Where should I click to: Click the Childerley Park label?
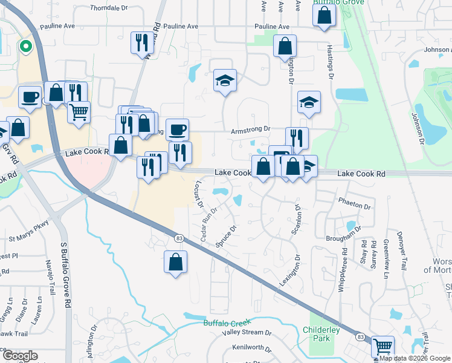(x=321, y=334)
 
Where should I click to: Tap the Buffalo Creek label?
(x=227, y=323)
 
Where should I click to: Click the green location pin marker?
(x=26, y=46)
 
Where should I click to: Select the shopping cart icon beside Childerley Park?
(x=383, y=347)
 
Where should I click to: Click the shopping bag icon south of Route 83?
(x=175, y=263)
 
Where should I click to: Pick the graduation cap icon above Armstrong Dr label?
(x=224, y=81)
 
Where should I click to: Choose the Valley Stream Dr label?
(x=242, y=332)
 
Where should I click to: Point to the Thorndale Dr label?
(x=110, y=8)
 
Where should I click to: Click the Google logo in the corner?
(x=19, y=356)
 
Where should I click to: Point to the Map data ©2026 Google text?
(x=415, y=358)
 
